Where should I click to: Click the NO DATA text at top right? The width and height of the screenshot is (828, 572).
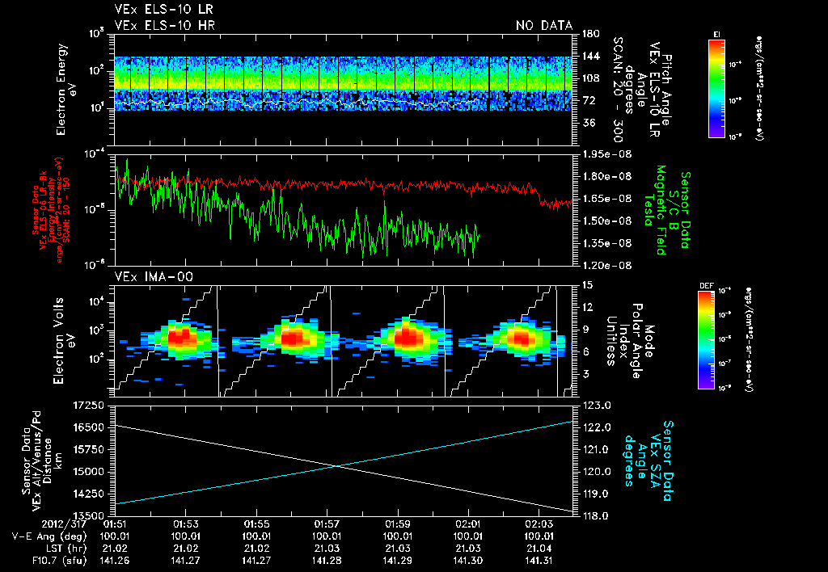(544, 26)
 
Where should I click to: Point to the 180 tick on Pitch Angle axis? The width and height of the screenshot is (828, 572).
(589, 33)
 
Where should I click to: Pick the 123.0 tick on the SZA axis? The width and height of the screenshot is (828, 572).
(596, 404)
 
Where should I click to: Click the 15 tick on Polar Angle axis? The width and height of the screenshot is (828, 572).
(587, 284)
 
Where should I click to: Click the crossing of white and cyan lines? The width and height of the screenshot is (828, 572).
(337, 465)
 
